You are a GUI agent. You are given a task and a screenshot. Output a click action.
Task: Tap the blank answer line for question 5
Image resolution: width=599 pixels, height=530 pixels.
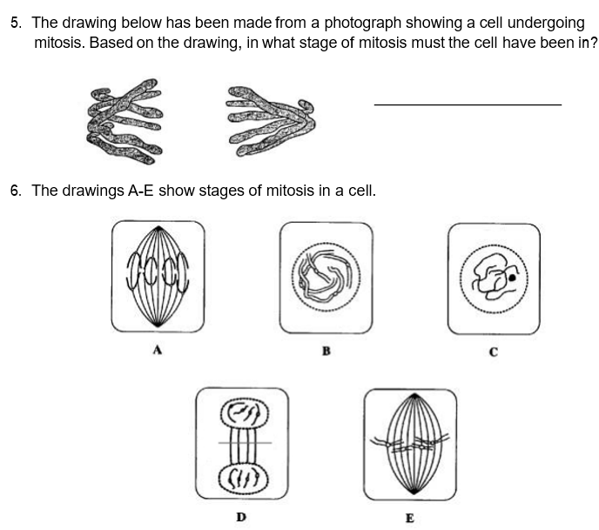468,105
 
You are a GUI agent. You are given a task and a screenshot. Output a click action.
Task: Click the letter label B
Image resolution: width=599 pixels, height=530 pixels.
326,352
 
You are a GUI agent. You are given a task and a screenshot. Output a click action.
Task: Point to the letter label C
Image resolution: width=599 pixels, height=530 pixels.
493,352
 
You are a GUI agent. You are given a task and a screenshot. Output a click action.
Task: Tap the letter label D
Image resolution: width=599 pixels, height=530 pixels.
241,517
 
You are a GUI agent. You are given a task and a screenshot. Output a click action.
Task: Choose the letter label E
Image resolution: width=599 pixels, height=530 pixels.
409,518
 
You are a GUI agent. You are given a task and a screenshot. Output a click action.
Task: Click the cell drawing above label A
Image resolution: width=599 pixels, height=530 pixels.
158,276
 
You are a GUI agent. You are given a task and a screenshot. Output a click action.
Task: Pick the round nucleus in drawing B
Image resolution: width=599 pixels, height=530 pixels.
326,276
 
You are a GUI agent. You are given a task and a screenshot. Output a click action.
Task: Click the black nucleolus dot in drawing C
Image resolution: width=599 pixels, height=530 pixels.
513,279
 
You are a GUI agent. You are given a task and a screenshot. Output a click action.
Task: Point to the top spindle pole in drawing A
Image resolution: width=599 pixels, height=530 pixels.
158,229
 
